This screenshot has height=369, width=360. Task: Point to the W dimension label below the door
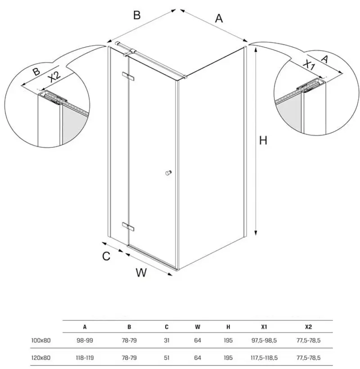141,273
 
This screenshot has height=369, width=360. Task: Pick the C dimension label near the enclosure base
106,256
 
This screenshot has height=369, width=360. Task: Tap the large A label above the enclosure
219,18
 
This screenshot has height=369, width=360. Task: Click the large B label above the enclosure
137,15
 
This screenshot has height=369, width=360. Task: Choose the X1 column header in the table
264,327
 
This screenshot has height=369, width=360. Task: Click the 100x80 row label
41,341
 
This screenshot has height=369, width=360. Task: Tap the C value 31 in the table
166,341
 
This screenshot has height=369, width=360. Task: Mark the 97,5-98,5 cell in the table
264,341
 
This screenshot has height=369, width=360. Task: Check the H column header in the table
228,327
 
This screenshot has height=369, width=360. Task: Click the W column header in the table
198,327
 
